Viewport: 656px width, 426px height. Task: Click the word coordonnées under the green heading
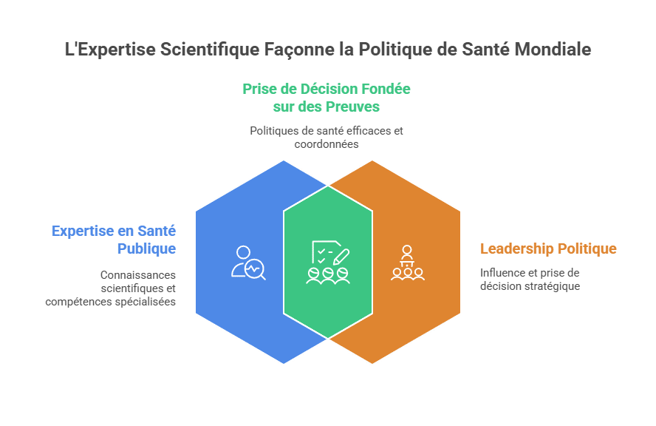click(x=327, y=144)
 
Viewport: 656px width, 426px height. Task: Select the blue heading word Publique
click(x=146, y=248)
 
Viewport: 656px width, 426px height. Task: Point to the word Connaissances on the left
click(x=138, y=274)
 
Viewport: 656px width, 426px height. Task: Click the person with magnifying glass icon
click(x=247, y=262)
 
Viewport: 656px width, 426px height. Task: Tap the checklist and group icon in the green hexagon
click(x=327, y=263)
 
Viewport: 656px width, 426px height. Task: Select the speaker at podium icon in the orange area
click(x=407, y=263)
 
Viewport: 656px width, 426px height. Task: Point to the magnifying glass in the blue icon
click(x=256, y=270)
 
